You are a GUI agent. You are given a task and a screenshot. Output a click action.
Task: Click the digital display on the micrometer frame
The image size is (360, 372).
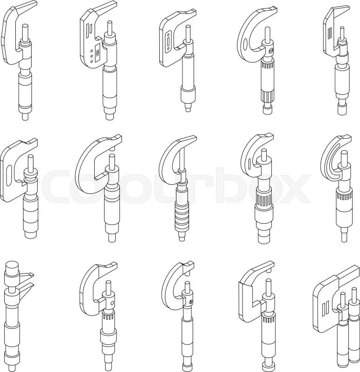pyautogui.click(x=97, y=52)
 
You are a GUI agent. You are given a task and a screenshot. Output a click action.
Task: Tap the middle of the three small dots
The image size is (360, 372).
pyautogui.click(x=92, y=56)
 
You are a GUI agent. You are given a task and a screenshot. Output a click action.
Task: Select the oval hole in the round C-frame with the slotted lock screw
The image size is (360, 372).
pyautogui.click(x=246, y=44)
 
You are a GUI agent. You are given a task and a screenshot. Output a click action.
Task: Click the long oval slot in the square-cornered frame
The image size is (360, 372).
pyautogui.click(x=9, y=175)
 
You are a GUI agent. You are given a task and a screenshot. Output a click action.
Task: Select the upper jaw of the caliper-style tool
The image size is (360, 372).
pyautogui.click(x=26, y=275)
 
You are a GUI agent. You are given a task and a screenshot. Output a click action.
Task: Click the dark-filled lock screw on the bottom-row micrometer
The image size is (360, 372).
pyautogui.click(x=191, y=302)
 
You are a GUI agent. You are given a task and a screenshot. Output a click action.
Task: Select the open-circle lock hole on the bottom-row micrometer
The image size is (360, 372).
pyautogui.click(x=112, y=303)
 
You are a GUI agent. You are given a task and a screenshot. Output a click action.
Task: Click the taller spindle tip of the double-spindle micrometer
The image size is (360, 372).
pyautogui.click(x=354, y=295)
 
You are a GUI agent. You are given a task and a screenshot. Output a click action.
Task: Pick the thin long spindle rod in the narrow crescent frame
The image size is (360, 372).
pyautogui.click(x=181, y=159)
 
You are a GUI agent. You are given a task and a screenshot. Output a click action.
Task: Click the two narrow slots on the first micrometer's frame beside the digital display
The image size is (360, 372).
pyautogui.click(x=89, y=30)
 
